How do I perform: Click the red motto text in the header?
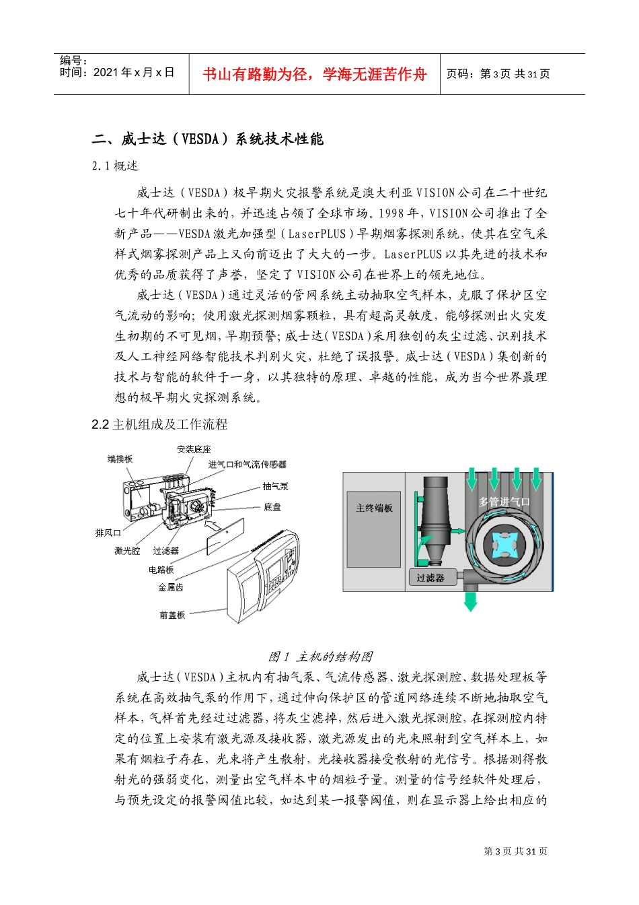[314, 74]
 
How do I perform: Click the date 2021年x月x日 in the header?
[133, 72]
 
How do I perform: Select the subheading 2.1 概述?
[115, 166]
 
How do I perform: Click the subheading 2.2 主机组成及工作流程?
[159, 424]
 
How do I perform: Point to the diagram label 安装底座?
[194, 449]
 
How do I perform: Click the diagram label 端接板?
[120, 459]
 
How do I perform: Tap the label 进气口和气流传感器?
[247, 465]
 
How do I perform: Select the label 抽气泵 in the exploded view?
[275, 486]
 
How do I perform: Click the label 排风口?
[108, 533]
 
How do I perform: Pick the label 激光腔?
[127, 551]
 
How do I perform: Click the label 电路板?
[161, 570]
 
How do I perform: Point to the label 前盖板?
[172, 615]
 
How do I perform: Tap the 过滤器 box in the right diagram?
[430, 577]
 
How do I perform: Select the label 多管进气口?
[504, 502]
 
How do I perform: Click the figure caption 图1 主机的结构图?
[320, 657]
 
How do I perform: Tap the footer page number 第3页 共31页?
[515, 851]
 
